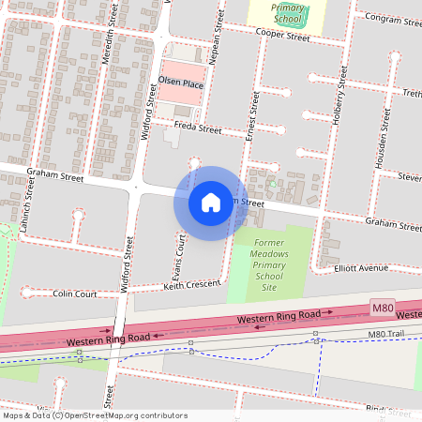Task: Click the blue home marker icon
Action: tap(211, 203)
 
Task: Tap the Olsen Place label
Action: tap(181, 83)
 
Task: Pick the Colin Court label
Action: tap(75, 294)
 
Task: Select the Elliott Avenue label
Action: tap(361, 268)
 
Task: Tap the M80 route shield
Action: tap(382, 308)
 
